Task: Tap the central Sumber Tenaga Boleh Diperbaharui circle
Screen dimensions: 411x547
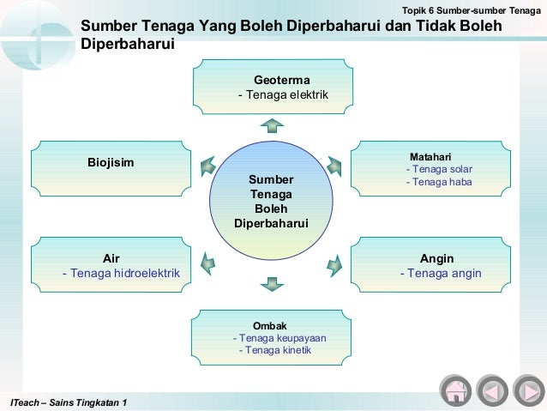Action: [x=271, y=202]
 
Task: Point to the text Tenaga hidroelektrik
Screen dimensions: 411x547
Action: [x=121, y=273]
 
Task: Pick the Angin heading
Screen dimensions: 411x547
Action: [x=436, y=258]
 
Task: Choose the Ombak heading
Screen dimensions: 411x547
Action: [x=270, y=326]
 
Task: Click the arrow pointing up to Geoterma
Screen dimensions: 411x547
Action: [x=272, y=125]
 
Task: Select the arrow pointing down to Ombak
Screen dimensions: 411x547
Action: [x=272, y=282]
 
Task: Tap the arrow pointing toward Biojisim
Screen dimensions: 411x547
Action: [x=207, y=166]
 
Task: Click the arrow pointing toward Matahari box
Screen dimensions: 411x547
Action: [x=334, y=166]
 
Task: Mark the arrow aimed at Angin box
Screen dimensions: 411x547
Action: [x=334, y=265]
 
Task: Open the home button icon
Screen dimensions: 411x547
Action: [x=455, y=390]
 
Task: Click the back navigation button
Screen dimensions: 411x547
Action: [x=492, y=390]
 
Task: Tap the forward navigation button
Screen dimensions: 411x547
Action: [x=529, y=390]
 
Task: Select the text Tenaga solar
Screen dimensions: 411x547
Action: [x=439, y=169]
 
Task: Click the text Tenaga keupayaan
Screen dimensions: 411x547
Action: [x=280, y=338]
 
